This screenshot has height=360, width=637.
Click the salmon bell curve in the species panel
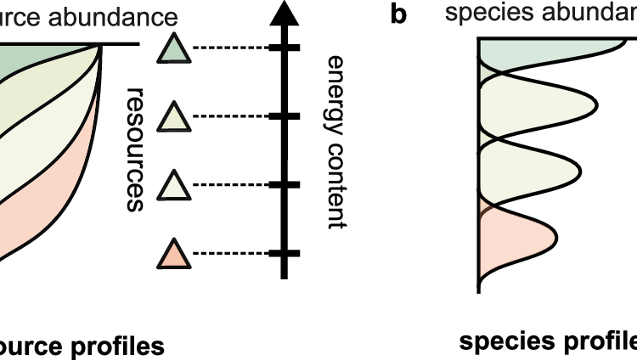point(514,241)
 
